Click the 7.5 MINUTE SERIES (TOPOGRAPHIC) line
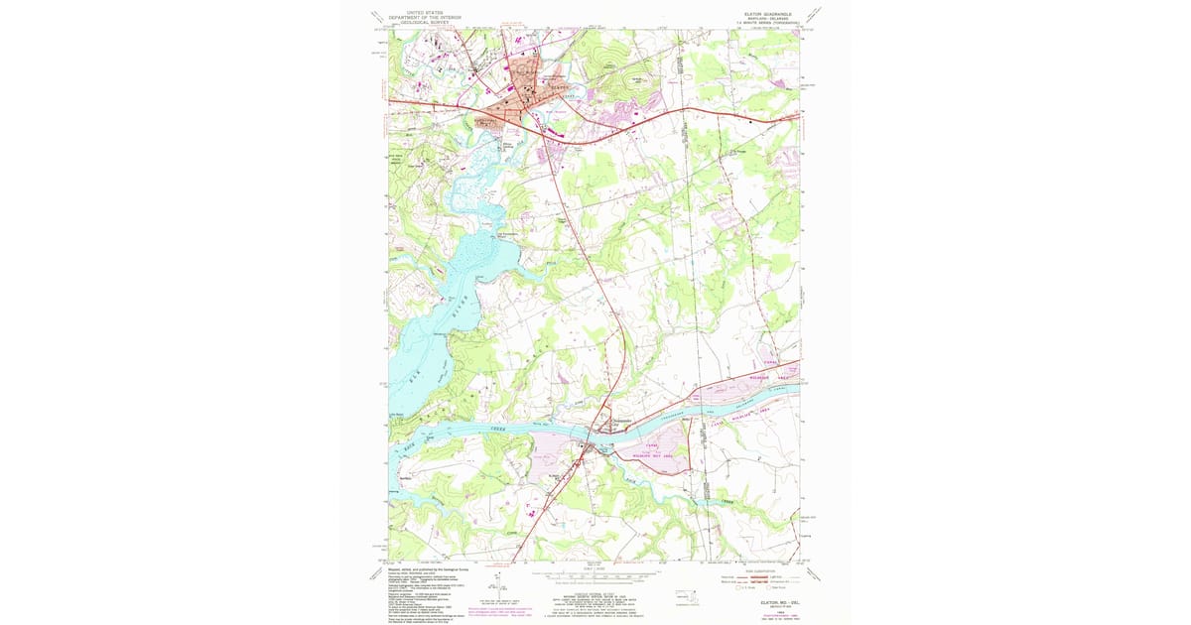(x=765, y=23)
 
